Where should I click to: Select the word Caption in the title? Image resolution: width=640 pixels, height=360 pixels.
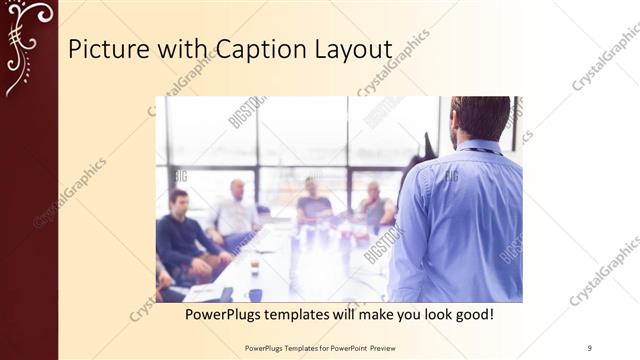(251, 50)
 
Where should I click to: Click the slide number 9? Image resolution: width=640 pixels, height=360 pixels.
(589, 347)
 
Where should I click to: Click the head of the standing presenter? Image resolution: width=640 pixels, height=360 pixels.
(481, 118)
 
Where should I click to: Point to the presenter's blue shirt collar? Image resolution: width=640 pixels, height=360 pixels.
(478, 148)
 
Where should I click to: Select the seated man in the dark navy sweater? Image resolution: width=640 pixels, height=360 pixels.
(181, 235)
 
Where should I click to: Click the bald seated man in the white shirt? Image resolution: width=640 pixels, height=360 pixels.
(237, 210)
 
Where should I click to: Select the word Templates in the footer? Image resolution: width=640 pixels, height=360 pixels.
(287, 347)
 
